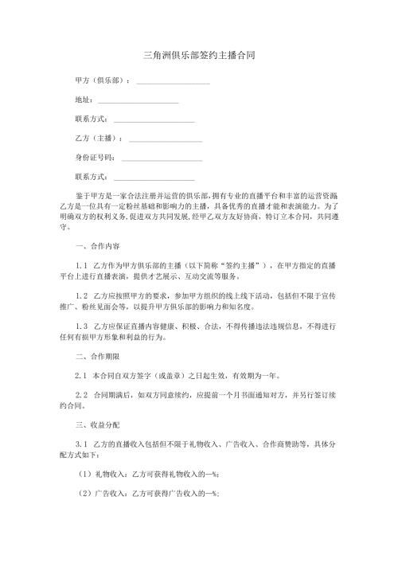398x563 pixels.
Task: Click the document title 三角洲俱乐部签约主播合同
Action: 199,56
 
